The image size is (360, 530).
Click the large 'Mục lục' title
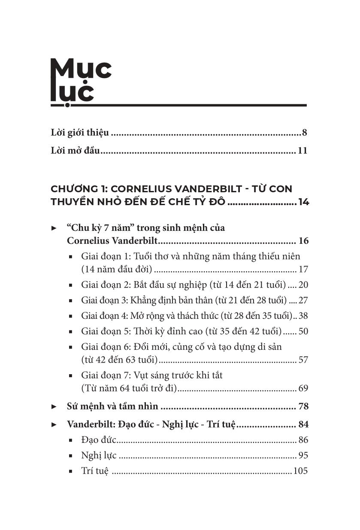coord(81,81)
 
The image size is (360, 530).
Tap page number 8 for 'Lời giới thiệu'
coord(304,132)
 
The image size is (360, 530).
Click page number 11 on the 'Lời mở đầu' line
coord(302,151)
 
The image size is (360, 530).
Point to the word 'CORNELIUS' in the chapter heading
coord(141,189)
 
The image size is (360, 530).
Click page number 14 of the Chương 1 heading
coord(303,202)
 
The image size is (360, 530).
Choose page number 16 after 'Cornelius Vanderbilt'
coord(303,241)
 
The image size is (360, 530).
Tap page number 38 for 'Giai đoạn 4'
coord(303,316)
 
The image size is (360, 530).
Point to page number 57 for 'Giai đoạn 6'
coord(303,360)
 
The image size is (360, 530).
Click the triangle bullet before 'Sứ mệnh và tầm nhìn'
coord(54,406)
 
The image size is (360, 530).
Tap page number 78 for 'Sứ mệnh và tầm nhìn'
coord(303,406)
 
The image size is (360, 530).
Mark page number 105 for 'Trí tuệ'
coord(300,471)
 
